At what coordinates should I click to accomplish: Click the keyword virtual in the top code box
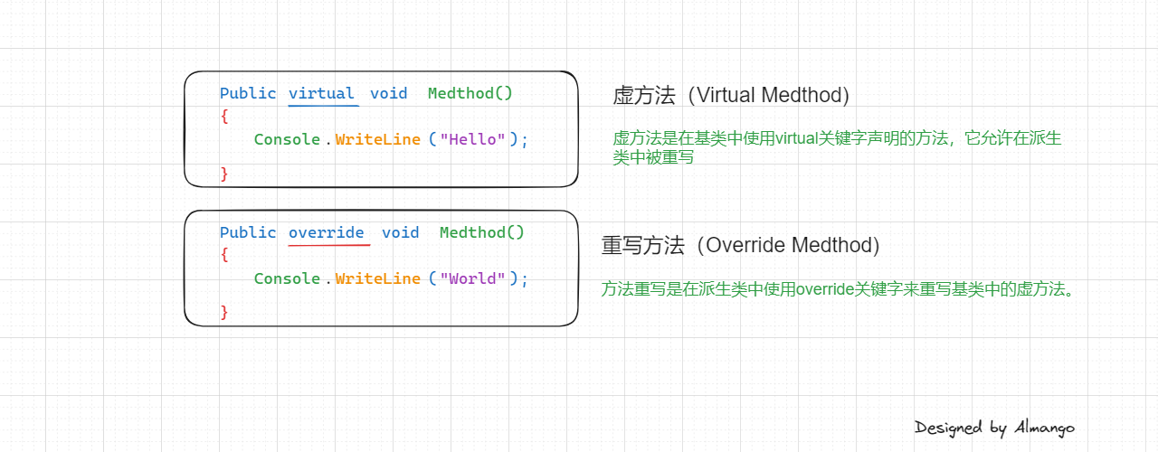pyautogui.click(x=321, y=94)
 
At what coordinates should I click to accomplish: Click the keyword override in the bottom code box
pyautogui.click(x=327, y=233)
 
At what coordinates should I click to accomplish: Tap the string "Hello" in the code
pyautogui.click(x=472, y=139)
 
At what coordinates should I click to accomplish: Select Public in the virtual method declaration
pyautogui.click(x=248, y=94)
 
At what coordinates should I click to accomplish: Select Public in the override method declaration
pyautogui.click(x=248, y=233)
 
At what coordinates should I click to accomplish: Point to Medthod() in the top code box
pyautogui.click(x=470, y=94)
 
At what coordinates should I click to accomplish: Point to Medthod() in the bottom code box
pyautogui.click(x=482, y=233)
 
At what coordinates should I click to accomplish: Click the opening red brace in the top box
pyautogui.click(x=224, y=117)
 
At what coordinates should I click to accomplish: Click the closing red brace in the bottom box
pyautogui.click(x=224, y=312)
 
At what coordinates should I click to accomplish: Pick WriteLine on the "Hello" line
pyautogui.click(x=377, y=139)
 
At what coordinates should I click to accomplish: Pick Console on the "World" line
pyautogui.click(x=287, y=278)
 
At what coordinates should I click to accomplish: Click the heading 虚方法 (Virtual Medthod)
pyautogui.click(x=731, y=95)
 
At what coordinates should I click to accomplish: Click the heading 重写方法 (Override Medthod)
pyautogui.click(x=740, y=245)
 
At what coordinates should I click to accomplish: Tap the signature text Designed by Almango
pyautogui.click(x=994, y=428)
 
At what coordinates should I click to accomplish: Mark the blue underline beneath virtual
pyautogui.click(x=323, y=106)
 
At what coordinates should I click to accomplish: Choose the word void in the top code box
pyautogui.click(x=388, y=94)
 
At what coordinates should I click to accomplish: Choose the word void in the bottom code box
pyautogui.click(x=400, y=233)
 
